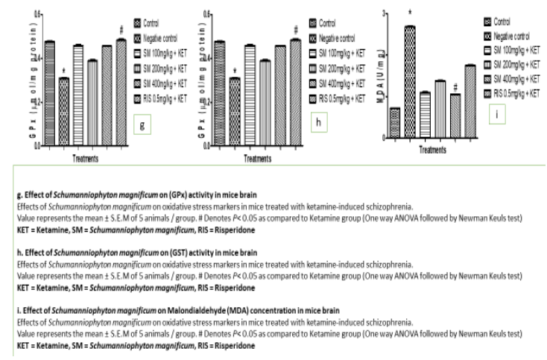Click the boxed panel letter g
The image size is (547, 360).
[x=142, y=124]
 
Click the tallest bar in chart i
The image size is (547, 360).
[x=410, y=82]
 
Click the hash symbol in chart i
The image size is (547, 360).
[x=455, y=86]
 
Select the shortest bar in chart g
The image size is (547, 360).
[x=64, y=112]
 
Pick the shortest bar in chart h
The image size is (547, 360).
[x=235, y=112]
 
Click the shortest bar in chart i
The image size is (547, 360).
[x=395, y=123]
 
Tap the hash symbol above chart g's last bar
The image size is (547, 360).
[x=121, y=31]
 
